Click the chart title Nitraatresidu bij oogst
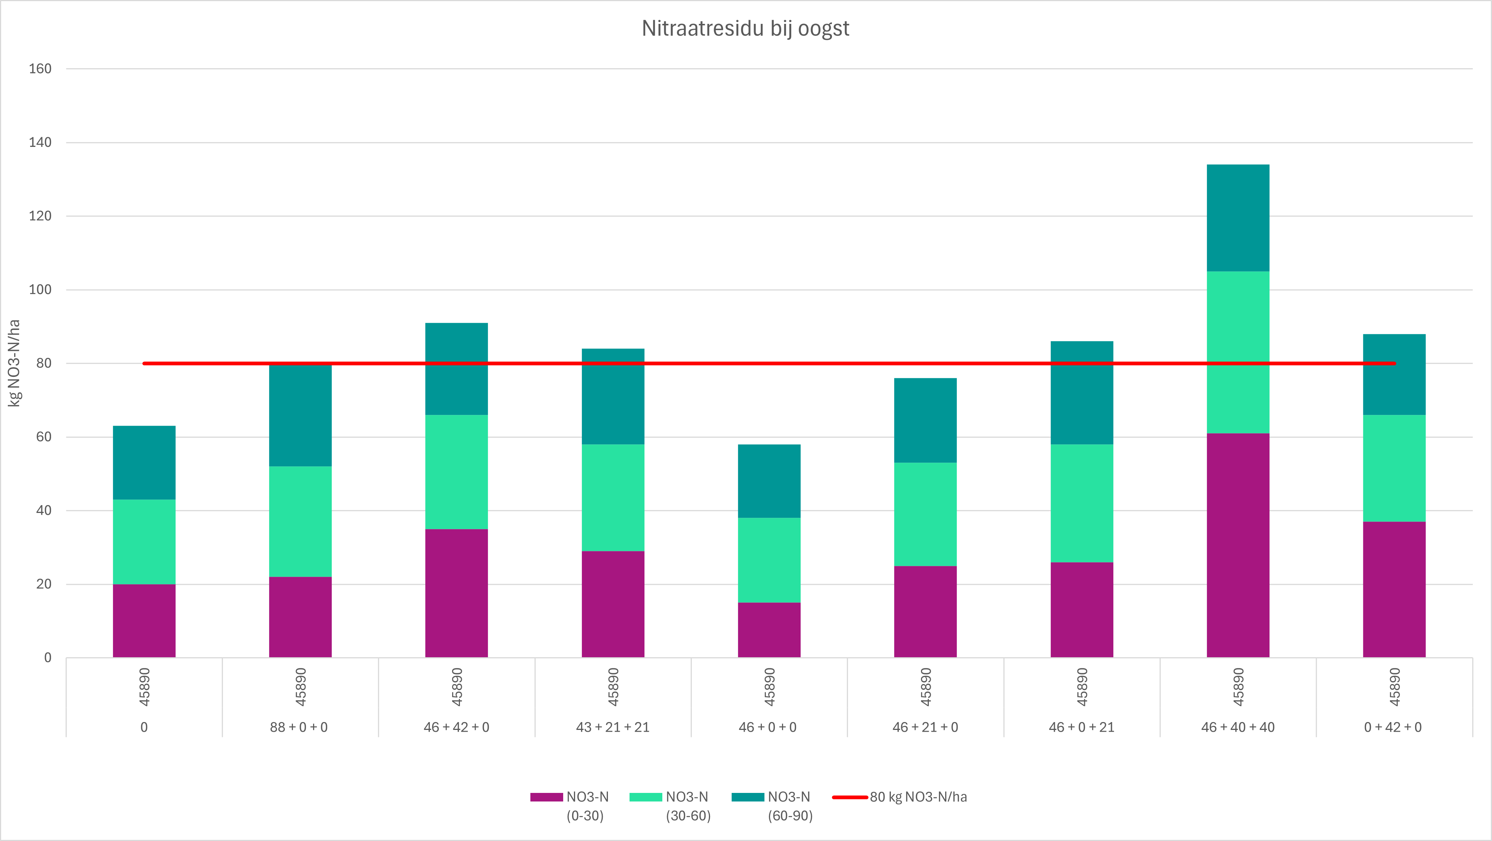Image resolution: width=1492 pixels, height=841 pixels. pos(745,28)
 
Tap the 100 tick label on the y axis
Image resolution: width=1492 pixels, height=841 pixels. pos(40,290)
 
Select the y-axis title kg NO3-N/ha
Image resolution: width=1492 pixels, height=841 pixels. pos(14,363)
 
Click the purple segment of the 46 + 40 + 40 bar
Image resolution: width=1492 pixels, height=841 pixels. pos(1238,545)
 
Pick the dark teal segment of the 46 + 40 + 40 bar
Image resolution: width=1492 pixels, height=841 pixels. pos(1238,218)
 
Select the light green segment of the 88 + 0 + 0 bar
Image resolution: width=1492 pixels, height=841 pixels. pos(300,521)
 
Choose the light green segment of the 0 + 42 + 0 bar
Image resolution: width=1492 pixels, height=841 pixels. pos(1394,468)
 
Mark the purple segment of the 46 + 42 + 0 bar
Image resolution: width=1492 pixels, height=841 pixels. pos(457,593)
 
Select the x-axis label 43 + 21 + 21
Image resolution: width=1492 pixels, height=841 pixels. pos(613,727)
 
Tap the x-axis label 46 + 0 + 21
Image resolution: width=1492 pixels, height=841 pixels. pos(1081,727)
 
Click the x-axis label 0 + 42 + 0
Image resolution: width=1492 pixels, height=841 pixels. pos(1393,727)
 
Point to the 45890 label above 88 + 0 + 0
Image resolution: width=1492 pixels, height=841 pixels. pos(300,687)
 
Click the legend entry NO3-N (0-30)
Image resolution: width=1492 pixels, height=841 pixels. pos(586,806)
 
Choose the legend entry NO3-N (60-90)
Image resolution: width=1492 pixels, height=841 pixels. pos(789,806)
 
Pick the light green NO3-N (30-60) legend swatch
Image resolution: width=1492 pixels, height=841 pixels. pos(645,797)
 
